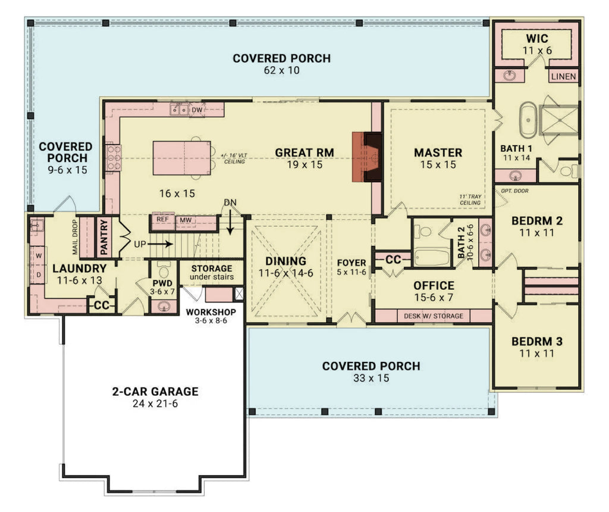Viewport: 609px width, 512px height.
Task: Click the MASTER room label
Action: coord(438,152)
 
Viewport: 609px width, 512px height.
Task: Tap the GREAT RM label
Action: coord(304,152)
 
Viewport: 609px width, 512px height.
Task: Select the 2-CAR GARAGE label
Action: coord(155,392)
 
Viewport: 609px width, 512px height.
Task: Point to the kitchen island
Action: coord(181,158)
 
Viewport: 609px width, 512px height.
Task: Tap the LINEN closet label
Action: coord(563,77)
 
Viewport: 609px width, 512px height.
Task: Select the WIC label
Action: coord(538,39)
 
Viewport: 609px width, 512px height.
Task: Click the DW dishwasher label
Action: coord(197,110)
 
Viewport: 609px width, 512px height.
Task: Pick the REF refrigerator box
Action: coord(162,220)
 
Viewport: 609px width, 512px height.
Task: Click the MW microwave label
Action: coord(186,220)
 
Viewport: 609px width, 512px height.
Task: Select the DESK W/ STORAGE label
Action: coord(433,316)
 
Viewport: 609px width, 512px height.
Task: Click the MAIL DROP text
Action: coord(75,236)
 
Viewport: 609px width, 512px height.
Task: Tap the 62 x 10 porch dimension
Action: coord(281,70)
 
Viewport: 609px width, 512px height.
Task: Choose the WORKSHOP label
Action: coord(211,312)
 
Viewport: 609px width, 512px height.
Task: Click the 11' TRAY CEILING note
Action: coord(470,199)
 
